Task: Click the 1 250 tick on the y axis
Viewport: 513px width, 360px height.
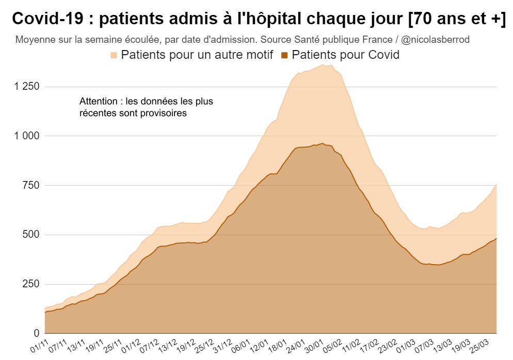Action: point(25,86)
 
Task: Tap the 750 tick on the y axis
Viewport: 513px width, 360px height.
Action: point(32,185)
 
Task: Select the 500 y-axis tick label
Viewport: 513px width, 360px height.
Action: point(32,235)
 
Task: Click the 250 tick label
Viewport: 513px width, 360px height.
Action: point(32,284)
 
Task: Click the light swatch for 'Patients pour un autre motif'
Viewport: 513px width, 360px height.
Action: point(114,55)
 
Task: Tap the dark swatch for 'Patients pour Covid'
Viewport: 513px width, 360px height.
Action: point(284,55)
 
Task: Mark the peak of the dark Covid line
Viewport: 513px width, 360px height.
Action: point(323,143)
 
